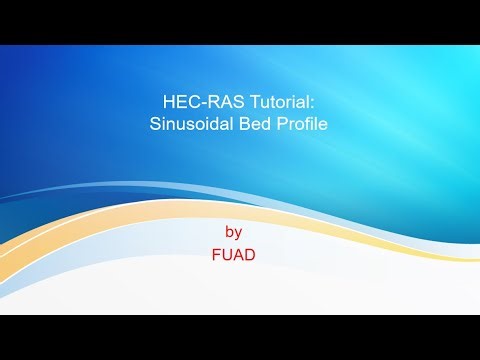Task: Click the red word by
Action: (234, 232)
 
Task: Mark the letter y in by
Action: (239, 233)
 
